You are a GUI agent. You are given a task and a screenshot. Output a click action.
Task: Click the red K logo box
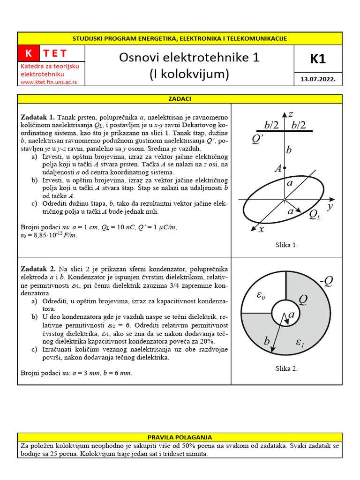tap(29, 53)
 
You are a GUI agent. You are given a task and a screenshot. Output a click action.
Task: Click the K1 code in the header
tap(317, 59)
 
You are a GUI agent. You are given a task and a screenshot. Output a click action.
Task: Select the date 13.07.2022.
tap(317, 80)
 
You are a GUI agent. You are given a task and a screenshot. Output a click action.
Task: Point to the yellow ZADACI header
tap(180, 99)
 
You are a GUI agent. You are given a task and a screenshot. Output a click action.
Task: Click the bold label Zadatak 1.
tap(37, 117)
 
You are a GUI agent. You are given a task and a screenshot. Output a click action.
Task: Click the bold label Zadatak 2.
tap(37, 269)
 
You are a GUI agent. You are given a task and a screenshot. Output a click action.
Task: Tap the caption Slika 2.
tap(286, 368)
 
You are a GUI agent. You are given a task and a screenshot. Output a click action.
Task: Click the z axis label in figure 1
tap(291, 114)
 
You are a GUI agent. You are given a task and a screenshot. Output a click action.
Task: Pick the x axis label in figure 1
tap(261, 229)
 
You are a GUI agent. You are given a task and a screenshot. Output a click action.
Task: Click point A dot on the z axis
tap(285, 168)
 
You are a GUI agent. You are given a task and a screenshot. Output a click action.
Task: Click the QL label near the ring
tap(315, 215)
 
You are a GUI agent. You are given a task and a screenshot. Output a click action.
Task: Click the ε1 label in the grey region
tap(300, 344)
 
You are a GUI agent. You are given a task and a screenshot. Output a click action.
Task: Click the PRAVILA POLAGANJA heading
tap(180, 437)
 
